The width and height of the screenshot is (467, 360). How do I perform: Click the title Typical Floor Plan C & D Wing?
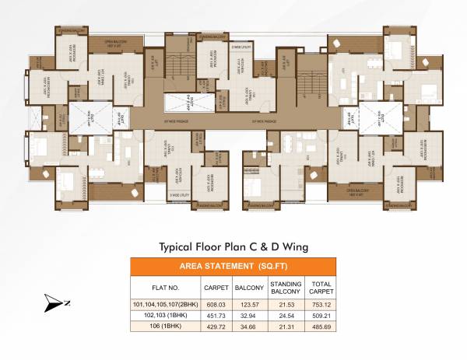[233, 246]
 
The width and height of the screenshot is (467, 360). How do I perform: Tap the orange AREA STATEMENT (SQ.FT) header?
[233, 266]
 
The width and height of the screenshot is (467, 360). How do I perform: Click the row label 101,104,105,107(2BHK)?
[164, 304]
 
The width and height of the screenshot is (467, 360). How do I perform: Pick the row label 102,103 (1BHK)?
[164, 316]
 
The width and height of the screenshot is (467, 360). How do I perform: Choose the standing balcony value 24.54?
[286, 316]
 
